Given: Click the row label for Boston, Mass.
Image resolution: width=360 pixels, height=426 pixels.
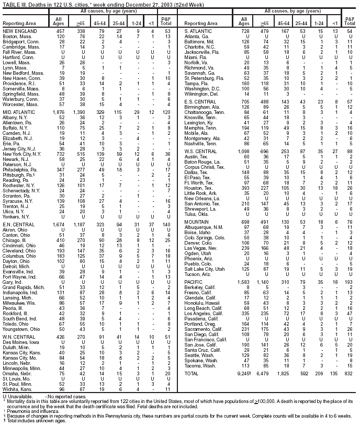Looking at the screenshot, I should pos(15,36).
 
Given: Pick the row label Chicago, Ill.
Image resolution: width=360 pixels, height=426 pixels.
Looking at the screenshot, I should pos(15,240).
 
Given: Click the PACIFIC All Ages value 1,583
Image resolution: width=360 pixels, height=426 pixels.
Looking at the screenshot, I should pos(243,282).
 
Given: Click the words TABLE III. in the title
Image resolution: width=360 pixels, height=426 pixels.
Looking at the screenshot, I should pos(15,4).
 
